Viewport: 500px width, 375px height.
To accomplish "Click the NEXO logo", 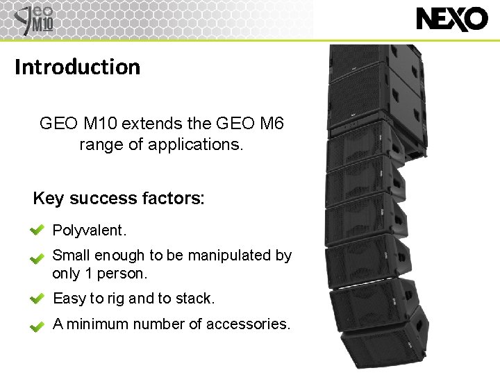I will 452,19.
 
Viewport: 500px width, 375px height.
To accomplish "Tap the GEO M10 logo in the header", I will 35,19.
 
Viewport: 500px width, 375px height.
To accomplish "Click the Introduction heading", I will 77,67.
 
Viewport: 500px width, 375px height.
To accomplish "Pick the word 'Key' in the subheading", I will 48,199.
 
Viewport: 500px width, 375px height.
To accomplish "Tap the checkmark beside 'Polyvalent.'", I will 37,230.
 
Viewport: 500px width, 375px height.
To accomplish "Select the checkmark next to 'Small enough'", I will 37,258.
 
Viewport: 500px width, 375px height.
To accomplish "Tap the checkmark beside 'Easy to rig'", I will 37,299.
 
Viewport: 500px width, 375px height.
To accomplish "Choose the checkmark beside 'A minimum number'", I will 37,325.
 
